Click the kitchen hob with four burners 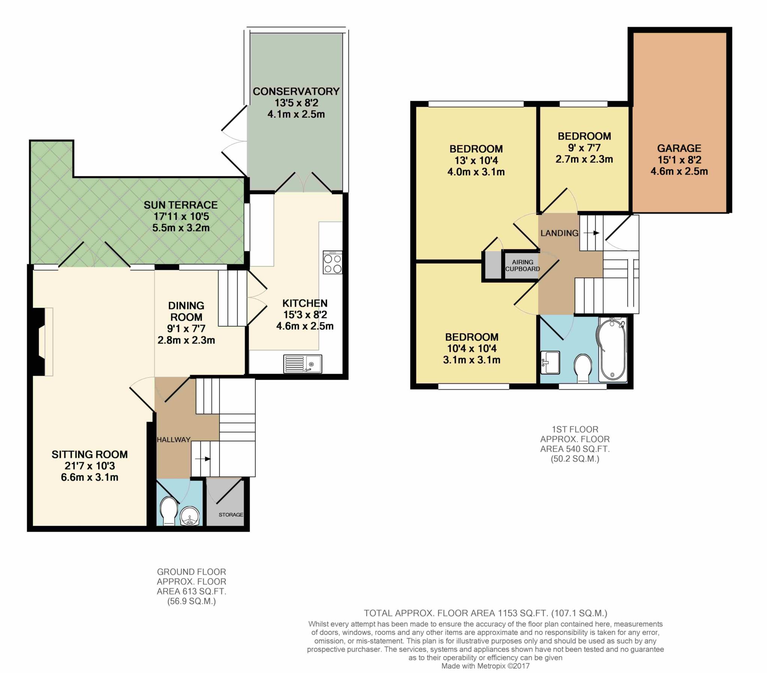333,262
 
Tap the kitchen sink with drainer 303,363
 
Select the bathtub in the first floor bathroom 612,349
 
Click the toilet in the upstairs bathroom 583,368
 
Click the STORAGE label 231,515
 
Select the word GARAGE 679,148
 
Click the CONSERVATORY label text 296,91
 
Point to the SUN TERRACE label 181,205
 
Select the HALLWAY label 173,440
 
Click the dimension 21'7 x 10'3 90,466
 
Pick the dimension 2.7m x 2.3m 584,159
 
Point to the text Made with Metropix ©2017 485,666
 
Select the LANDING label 559,233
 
